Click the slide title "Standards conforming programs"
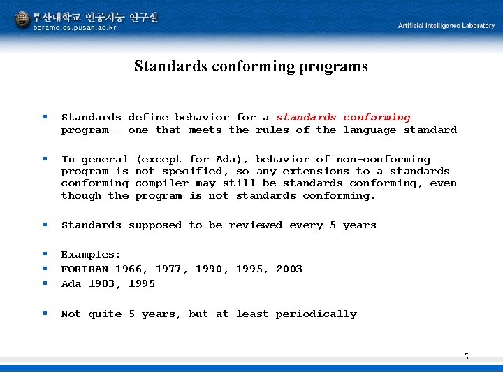coord(251,66)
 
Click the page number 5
coord(466,358)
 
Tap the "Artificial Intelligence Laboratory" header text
coord(446,25)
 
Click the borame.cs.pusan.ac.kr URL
coord(75,27)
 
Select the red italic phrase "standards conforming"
coord(343,118)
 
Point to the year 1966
coord(128,269)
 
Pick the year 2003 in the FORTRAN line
coord(289,269)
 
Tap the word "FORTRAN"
coord(85,269)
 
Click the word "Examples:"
coord(91,255)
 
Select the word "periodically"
coord(316,314)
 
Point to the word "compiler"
coord(162,183)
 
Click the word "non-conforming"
coord(383,160)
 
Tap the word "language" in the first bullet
coord(370,130)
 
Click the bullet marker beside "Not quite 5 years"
coord(45,314)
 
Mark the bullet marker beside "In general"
coord(45,160)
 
